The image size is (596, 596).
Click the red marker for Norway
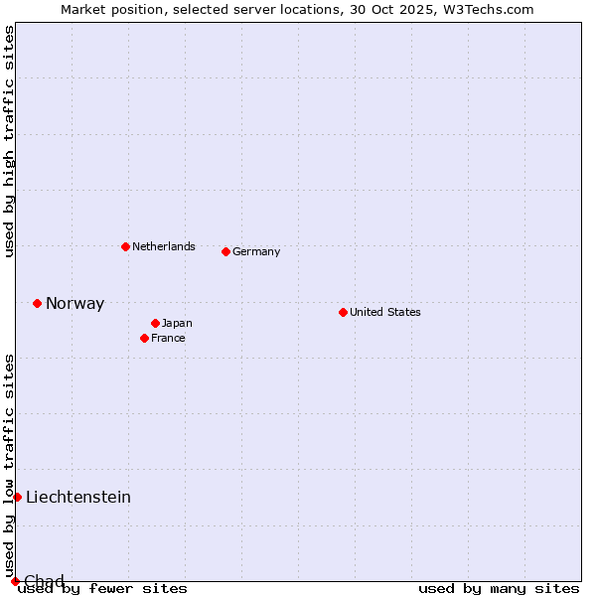[x=37, y=303]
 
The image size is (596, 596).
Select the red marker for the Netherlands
[x=125, y=246]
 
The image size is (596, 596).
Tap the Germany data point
[x=225, y=251]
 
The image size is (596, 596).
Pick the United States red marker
[x=343, y=312]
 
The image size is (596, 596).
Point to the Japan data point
[x=155, y=323]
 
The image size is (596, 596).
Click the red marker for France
[x=144, y=338]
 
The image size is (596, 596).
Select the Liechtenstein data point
[x=17, y=497]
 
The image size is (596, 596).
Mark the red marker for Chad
[x=15, y=581]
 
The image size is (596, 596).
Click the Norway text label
[x=74, y=304]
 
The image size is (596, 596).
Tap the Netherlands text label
[x=164, y=246]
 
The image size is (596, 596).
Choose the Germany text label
[x=256, y=251]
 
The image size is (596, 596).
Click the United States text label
[x=385, y=312]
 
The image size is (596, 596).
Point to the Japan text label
[x=177, y=323]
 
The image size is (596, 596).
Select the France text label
[x=168, y=338]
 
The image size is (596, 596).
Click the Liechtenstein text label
[x=78, y=497]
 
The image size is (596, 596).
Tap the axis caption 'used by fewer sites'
[x=102, y=588]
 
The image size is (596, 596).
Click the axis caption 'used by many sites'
[x=499, y=588]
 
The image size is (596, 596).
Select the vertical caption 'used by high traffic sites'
[x=9, y=141]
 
